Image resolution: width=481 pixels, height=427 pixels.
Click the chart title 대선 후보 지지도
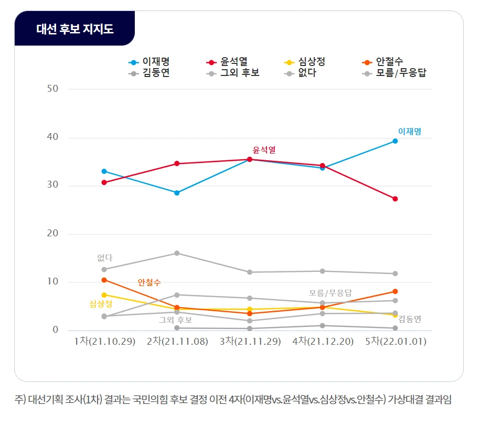pyautogui.click(x=74, y=28)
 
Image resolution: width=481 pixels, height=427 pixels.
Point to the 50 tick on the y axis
pyautogui.click(x=52, y=89)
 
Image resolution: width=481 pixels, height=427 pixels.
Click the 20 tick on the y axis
pyautogui.click(x=52, y=234)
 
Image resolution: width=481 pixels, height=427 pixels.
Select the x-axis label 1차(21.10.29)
pyautogui.click(x=104, y=342)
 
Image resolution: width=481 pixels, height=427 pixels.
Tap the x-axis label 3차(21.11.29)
pyautogui.click(x=250, y=342)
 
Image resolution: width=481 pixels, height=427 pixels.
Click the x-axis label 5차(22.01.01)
pyautogui.click(x=395, y=342)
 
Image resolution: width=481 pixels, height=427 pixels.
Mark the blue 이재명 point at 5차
pyautogui.click(x=395, y=141)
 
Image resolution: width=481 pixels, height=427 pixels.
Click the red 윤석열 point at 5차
pyautogui.click(x=395, y=199)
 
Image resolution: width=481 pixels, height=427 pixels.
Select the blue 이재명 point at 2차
pyautogui.click(x=177, y=193)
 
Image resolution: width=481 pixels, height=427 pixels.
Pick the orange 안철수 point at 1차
pyautogui.click(x=104, y=280)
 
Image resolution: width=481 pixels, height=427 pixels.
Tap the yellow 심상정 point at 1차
pyautogui.click(x=104, y=295)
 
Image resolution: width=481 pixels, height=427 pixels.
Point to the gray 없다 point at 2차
pyautogui.click(x=177, y=253)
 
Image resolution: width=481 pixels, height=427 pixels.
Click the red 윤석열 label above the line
pyautogui.click(x=264, y=150)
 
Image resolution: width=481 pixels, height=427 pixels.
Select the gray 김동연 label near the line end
pyautogui.click(x=410, y=319)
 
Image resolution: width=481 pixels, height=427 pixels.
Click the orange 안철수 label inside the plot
pyautogui.click(x=149, y=282)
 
